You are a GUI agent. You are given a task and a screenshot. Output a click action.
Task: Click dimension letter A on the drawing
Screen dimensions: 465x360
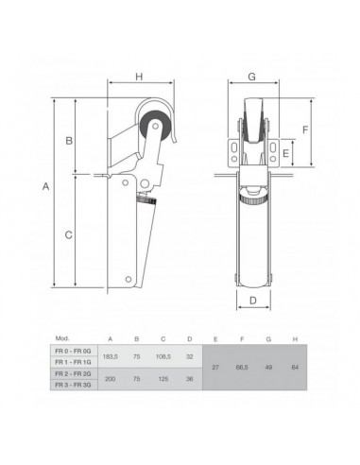click(45, 188)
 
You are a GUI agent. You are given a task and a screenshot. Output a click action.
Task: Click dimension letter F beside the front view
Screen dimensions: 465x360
click(306, 129)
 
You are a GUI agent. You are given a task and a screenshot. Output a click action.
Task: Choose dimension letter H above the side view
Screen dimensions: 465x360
click(139, 77)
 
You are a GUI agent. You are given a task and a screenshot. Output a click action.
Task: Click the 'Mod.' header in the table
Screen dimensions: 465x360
click(63, 337)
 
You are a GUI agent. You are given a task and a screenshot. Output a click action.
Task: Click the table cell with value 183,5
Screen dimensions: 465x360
click(111, 356)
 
